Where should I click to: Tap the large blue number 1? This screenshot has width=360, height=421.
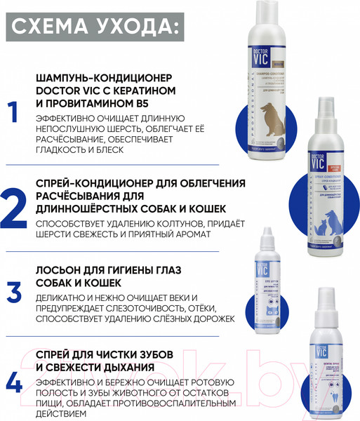click(x=11, y=113)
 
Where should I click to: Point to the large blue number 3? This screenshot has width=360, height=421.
click(x=13, y=290)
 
